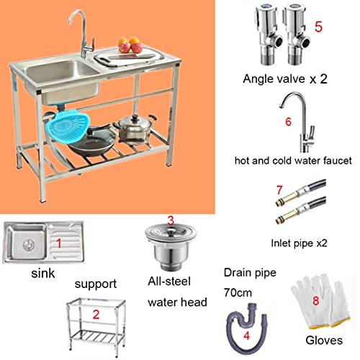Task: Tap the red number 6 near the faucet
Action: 288,121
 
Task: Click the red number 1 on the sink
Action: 60,244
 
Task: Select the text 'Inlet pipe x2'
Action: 298,243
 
